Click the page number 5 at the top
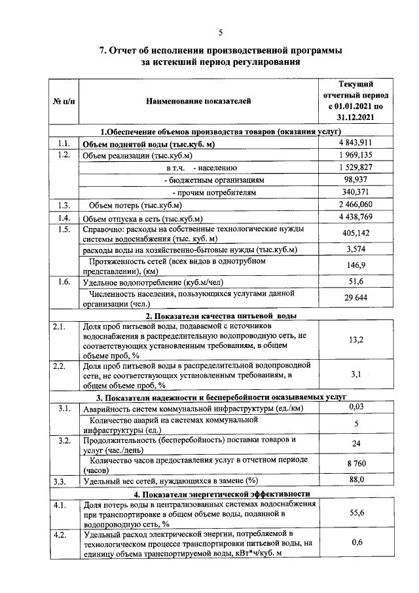(221, 33)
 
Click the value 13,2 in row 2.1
(356, 339)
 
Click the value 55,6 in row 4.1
(356, 513)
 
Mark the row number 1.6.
(64, 282)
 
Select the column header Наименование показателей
(198, 101)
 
